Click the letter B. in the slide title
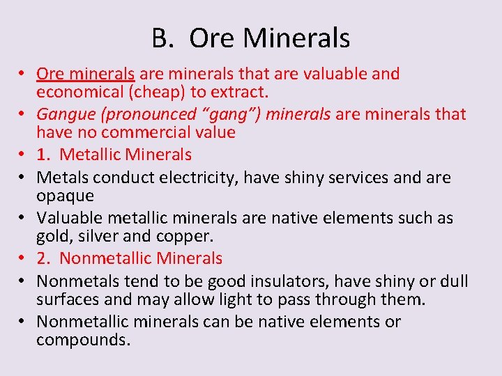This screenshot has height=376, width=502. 162,38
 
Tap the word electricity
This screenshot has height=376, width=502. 188,178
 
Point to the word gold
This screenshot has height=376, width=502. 52,236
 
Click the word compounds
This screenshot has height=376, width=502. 84,340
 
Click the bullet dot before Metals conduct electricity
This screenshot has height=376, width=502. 24,178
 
